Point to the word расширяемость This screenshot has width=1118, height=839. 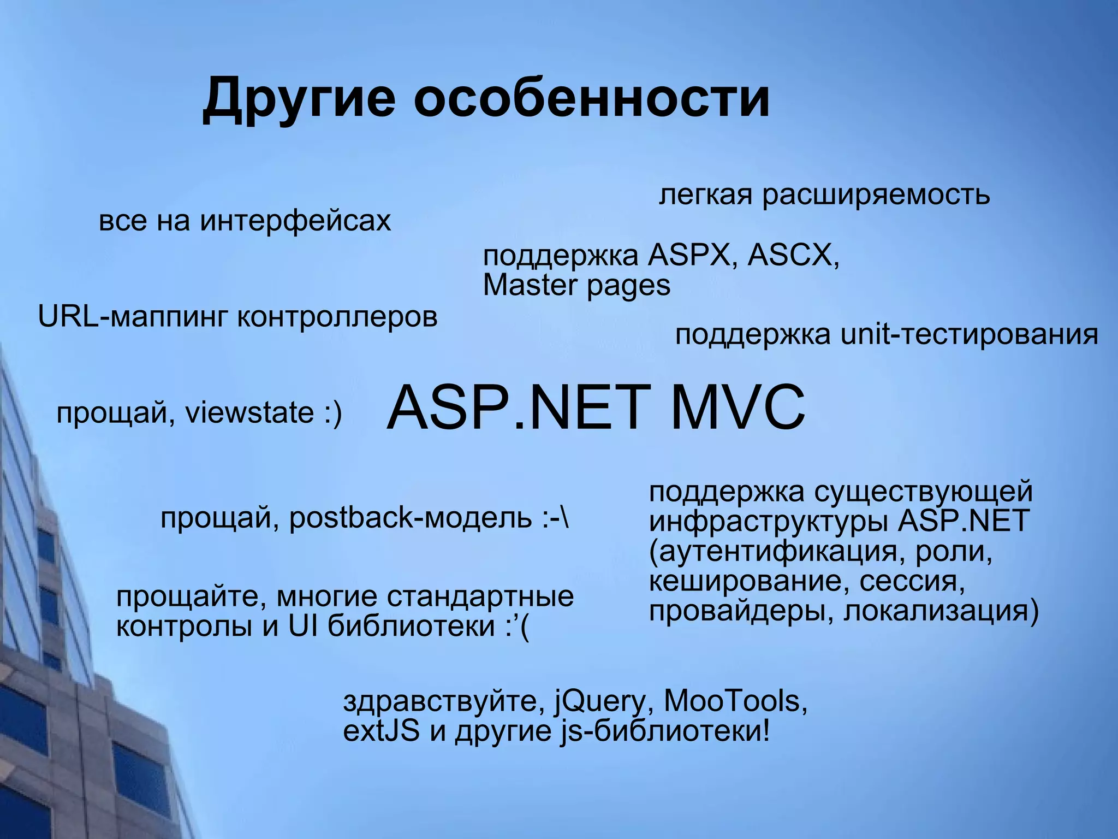pos(876,195)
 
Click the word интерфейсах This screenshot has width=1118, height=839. pos(295,221)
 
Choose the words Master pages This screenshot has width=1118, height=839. pos(576,285)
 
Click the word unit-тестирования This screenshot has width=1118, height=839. pos(969,334)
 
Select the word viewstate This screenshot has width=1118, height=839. pos(250,412)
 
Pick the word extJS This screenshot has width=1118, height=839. pos(381,731)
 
